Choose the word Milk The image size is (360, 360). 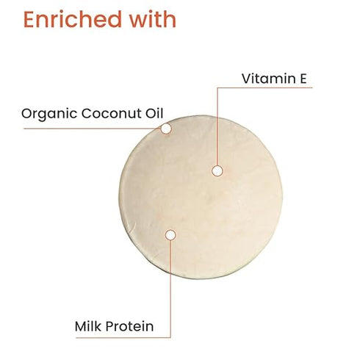[x=88, y=325]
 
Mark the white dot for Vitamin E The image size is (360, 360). [x=217, y=170]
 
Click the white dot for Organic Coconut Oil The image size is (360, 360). [x=166, y=129]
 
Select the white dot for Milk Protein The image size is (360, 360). [x=170, y=235]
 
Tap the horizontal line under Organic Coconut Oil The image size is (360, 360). [x=88, y=129]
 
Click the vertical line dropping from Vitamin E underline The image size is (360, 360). [x=217, y=125]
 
